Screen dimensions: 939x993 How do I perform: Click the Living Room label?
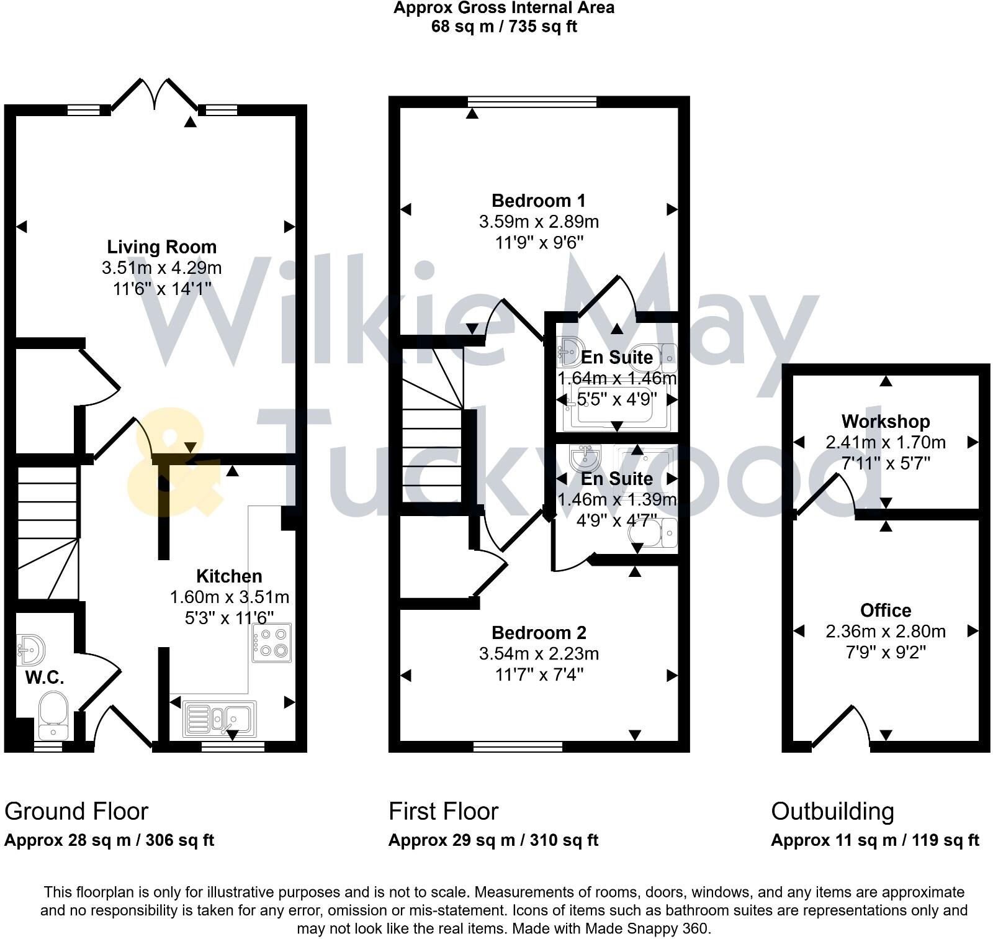[x=161, y=247]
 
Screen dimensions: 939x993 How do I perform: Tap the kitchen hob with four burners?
[x=272, y=643]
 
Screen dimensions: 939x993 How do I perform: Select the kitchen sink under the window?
[x=220, y=719]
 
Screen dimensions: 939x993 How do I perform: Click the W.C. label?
[x=45, y=678]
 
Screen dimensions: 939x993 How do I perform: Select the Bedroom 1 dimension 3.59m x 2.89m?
[x=538, y=222]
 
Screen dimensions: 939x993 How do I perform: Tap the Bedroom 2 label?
[x=538, y=633]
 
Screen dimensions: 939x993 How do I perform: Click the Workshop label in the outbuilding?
[x=885, y=422]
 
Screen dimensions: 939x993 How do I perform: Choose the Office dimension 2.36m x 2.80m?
[x=885, y=632]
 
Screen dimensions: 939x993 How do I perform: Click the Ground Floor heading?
[x=76, y=812]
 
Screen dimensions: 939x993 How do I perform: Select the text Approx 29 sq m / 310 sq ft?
[x=493, y=840]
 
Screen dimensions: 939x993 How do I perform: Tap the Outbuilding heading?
[x=832, y=812]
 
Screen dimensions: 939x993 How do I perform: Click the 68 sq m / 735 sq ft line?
[x=504, y=27]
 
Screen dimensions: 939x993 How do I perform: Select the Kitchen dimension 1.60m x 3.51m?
[x=229, y=597]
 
